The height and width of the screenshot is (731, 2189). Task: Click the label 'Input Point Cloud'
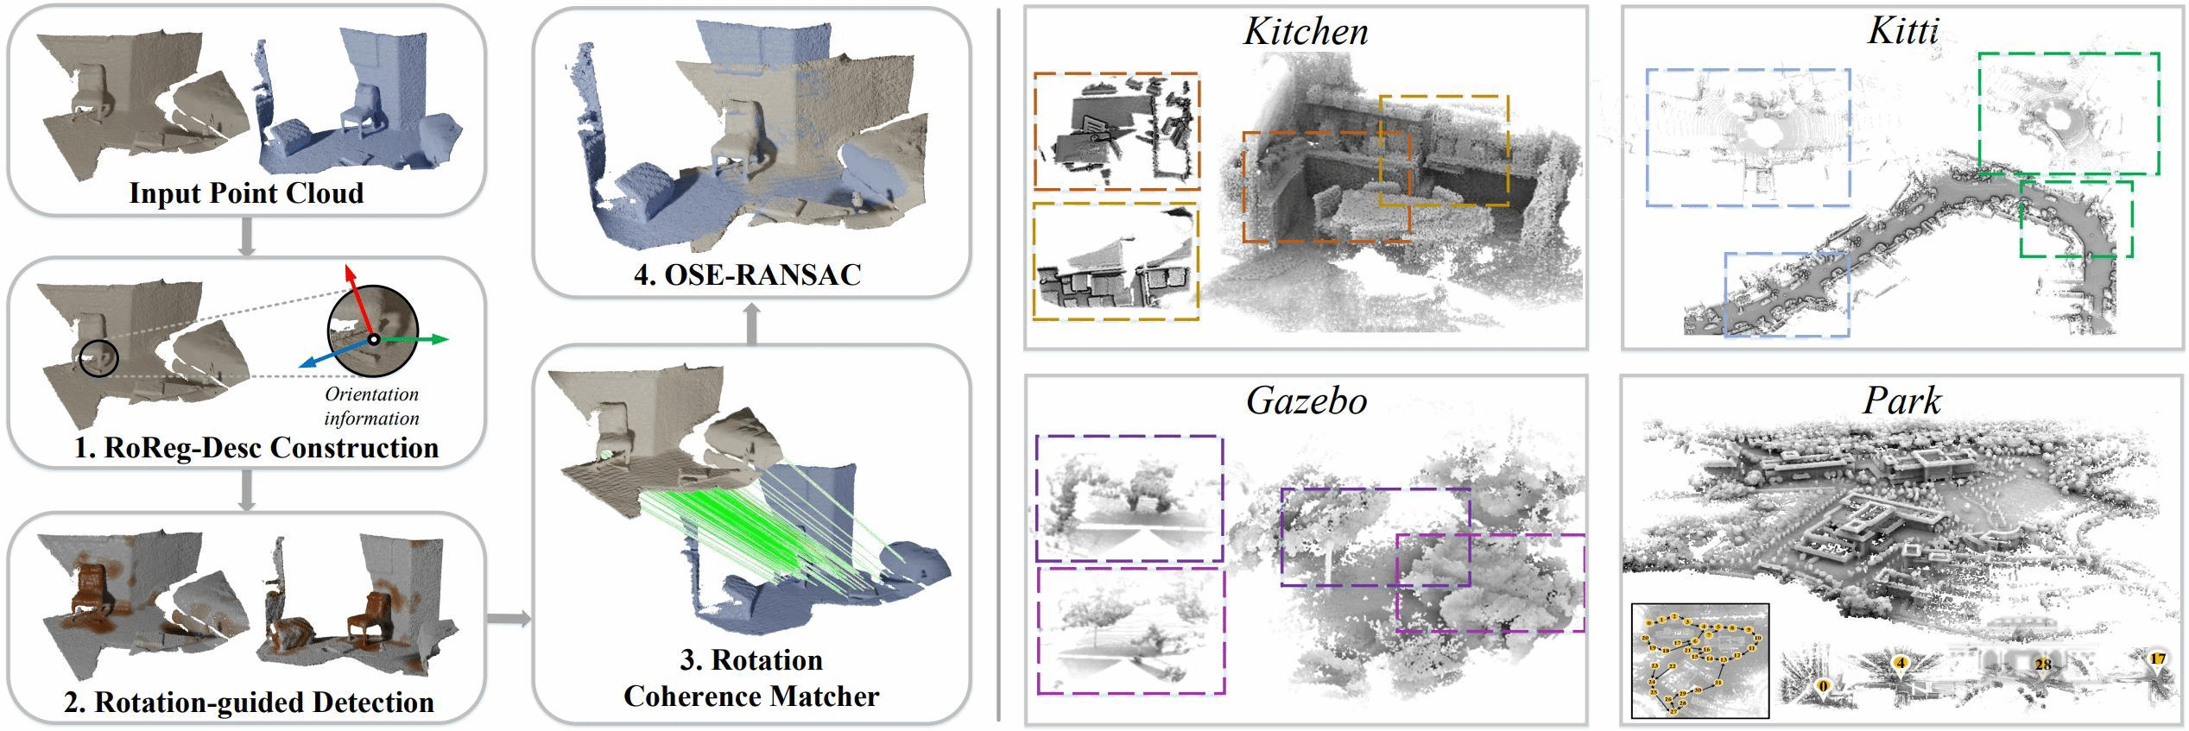[246, 192]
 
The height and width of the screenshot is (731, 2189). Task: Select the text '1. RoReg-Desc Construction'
[256, 447]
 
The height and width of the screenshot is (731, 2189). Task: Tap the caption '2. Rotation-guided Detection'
[249, 702]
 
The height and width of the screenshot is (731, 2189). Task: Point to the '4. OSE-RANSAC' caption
[748, 274]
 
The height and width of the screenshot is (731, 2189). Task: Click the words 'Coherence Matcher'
[751, 696]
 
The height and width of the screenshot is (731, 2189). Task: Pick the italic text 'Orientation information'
[371, 406]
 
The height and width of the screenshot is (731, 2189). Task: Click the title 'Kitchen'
[1306, 32]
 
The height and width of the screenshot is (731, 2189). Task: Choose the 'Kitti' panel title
[1903, 32]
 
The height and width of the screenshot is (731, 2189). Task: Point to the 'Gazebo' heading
[1306, 401]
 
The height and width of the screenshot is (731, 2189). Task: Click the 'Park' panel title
[1902, 401]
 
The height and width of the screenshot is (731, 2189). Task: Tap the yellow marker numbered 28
[2042, 665]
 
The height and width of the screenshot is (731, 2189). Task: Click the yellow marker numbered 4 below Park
[1899, 663]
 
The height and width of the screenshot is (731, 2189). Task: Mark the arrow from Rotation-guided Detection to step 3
[509, 618]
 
